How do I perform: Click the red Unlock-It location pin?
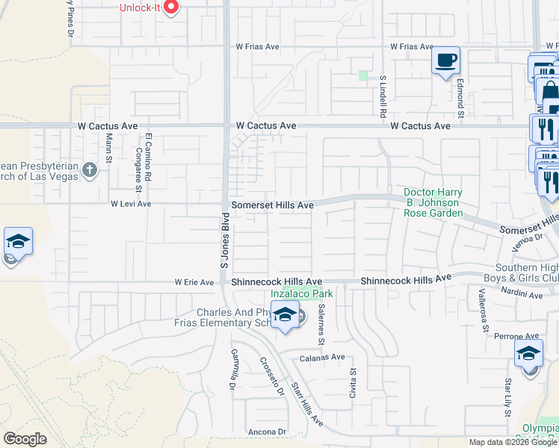[171, 7]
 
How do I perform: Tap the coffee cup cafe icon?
[446, 60]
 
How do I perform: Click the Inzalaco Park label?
[301, 293]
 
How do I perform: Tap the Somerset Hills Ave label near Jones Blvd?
[271, 204]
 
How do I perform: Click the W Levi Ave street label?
[131, 203]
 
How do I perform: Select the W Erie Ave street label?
[194, 282]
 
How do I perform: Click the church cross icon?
[90, 169]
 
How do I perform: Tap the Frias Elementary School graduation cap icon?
[285, 316]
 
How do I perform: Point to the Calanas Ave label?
[323, 356]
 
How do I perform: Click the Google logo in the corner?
[25, 438]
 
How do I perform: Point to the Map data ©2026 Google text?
[513, 442]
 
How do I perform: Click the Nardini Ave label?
[524, 295]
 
